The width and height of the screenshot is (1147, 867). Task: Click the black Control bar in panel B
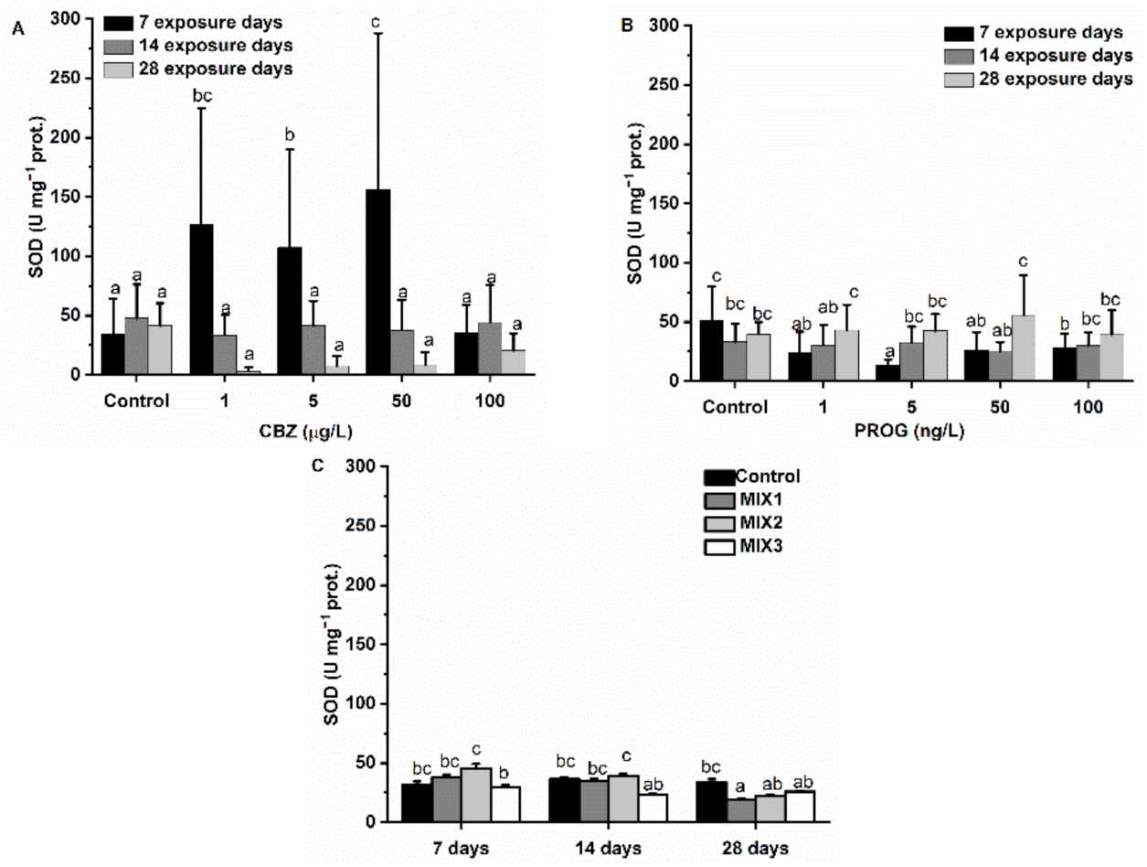coord(710,350)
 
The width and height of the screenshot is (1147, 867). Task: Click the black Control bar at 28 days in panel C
coord(710,801)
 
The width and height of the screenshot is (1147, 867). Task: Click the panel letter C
coord(318,466)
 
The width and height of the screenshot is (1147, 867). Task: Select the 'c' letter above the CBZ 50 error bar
coord(376,21)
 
